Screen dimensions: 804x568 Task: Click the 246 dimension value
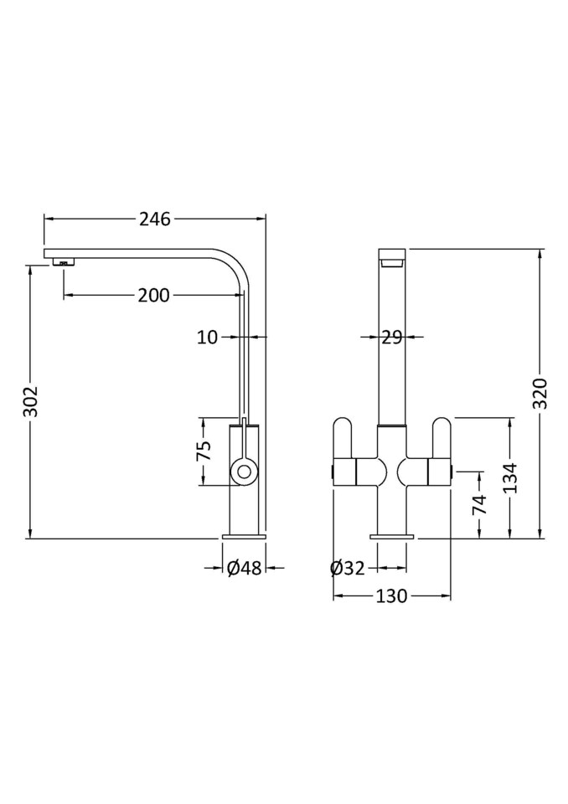[154, 219]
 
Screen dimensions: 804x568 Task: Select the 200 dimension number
[153, 295]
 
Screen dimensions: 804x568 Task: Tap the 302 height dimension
[30, 402]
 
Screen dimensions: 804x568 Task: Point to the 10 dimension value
[207, 337]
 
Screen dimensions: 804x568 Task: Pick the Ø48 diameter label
[245, 568]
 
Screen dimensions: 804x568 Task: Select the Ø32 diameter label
[348, 568]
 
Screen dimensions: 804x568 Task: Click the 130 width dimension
[392, 596]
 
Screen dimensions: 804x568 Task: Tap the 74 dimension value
[479, 504]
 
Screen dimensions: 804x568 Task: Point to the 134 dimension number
[510, 477]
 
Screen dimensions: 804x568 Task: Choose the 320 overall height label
[540, 394]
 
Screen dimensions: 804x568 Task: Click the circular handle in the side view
[244, 472]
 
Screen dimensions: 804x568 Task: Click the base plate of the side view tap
[245, 534]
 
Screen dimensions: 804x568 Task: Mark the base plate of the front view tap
[392, 534]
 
